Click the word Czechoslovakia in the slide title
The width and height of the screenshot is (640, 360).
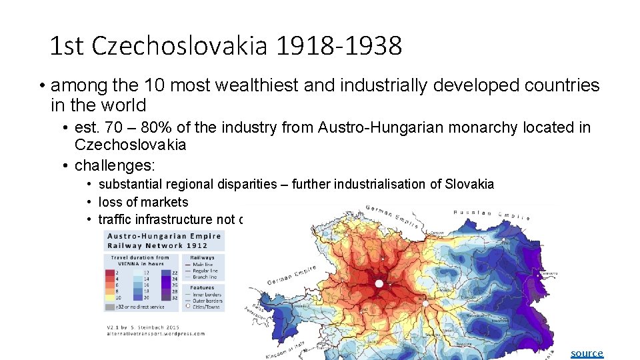[180, 46]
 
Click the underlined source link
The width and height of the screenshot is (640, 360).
[587, 353]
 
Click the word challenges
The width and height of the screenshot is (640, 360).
[117, 164]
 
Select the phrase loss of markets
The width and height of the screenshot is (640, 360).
[143, 202]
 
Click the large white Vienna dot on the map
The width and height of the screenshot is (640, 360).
[379, 283]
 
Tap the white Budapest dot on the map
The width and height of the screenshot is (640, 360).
[425, 303]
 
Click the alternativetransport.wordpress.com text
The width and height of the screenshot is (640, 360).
[155, 333]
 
